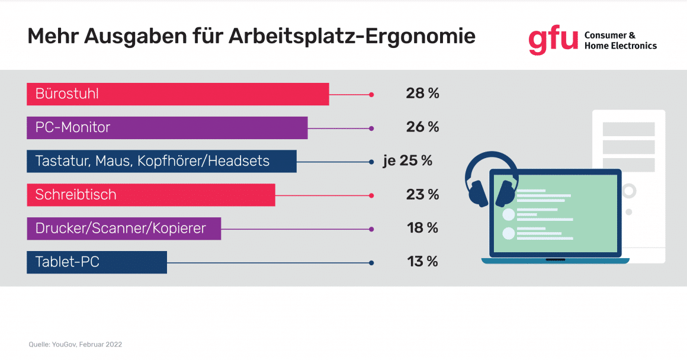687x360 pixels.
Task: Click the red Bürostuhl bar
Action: click(x=178, y=94)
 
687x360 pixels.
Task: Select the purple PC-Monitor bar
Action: click(x=167, y=128)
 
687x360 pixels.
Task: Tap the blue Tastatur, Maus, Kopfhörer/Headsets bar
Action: click(x=161, y=161)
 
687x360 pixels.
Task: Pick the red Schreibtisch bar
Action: click(x=151, y=195)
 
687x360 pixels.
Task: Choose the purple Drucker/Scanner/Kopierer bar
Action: click(x=124, y=229)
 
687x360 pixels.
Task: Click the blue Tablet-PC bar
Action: click(x=97, y=262)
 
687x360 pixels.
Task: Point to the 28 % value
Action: click(x=422, y=94)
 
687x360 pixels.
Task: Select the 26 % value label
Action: click(x=422, y=127)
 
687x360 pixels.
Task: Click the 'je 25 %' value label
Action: click(x=407, y=161)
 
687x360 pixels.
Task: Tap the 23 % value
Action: click(x=422, y=195)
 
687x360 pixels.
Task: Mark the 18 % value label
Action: click(x=422, y=229)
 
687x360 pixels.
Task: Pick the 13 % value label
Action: click(x=422, y=262)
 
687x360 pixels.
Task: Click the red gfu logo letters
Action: click(x=553, y=40)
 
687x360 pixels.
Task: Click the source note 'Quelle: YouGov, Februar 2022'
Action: click(x=75, y=344)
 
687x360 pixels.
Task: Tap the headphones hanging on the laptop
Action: click(x=491, y=178)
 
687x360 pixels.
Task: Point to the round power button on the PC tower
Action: click(x=628, y=191)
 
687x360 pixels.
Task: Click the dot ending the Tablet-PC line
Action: click(x=371, y=262)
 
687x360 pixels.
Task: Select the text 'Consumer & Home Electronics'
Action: click(x=620, y=40)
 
